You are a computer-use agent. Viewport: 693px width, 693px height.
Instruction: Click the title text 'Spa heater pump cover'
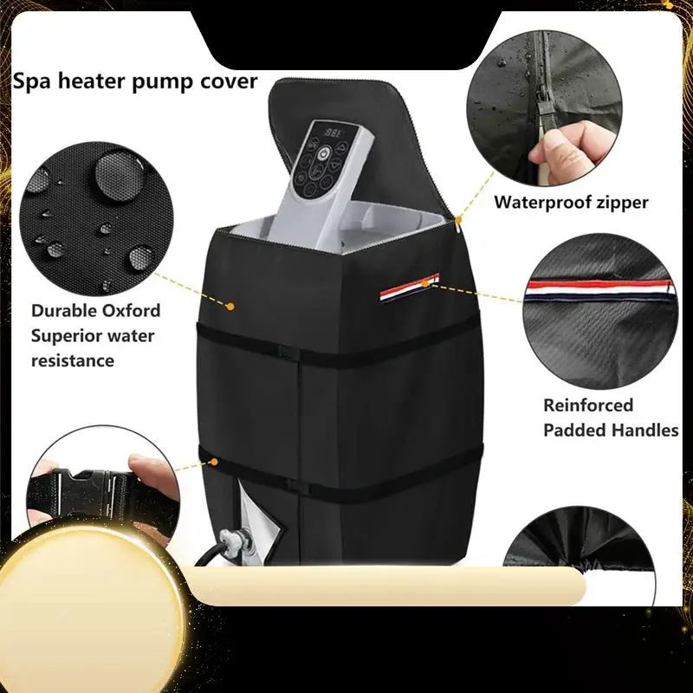[x=134, y=81]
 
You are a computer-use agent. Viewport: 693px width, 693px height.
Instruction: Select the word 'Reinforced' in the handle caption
[x=588, y=405]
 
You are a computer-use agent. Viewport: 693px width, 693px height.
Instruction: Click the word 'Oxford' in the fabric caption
[x=130, y=310]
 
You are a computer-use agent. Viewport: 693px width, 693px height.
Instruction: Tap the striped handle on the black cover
[x=409, y=288]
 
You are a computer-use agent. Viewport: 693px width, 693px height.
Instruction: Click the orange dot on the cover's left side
[x=230, y=305]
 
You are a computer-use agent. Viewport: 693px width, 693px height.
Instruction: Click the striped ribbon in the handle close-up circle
[x=598, y=293]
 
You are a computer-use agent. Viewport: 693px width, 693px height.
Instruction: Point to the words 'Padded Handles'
[x=611, y=430]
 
